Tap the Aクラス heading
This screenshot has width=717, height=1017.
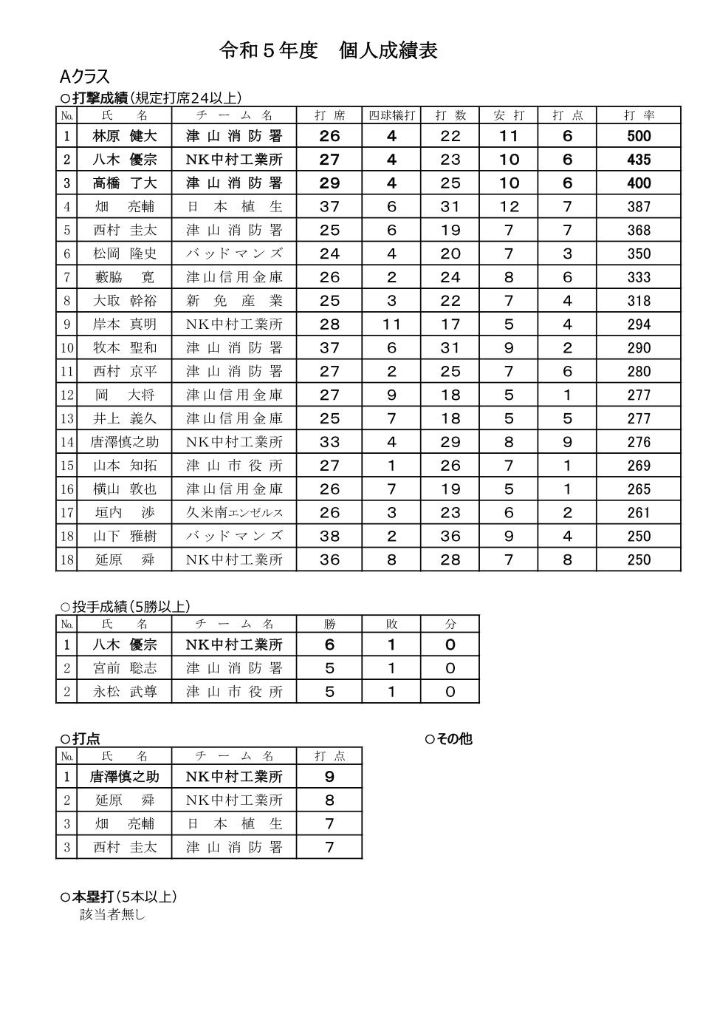coord(84,77)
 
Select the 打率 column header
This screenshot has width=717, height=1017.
coord(639,115)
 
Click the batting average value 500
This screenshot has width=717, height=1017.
coord(639,136)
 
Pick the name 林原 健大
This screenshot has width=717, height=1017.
coord(125,136)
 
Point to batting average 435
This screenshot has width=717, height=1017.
coord(639,160)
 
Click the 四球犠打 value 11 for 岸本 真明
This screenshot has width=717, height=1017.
coord(391,324)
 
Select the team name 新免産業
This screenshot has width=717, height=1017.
coord(234,301)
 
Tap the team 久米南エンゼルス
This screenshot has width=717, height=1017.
coord(234,513)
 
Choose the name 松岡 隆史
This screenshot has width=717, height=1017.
coord(125,254)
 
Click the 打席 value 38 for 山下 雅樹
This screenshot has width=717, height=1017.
coord(329,537)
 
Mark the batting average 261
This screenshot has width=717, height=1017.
coord(639,513)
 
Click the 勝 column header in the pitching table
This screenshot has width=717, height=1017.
coord(329,624)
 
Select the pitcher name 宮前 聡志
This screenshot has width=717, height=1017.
coord(125,668)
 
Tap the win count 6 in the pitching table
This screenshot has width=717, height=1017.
coord(329,644)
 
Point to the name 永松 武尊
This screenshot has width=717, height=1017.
coord(125,692)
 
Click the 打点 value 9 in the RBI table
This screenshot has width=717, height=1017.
coord(329,777)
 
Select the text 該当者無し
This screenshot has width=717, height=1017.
coord(112,915)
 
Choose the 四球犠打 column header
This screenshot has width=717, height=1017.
coord(391,115)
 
